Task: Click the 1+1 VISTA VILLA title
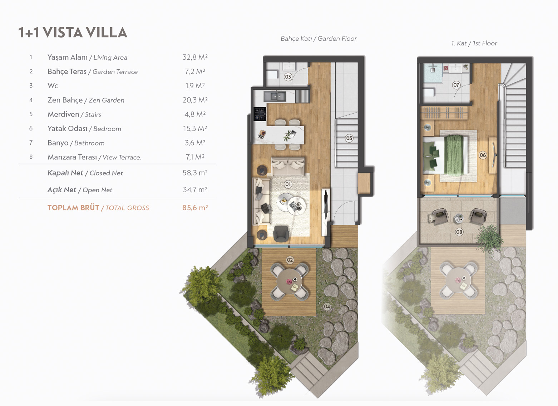click(73, 33)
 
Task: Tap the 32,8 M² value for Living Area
click(195, 57)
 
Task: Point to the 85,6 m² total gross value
click(195, 208)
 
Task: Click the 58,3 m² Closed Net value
click(195, 173)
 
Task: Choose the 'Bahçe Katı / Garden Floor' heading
click(318, 39)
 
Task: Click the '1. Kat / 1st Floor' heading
click(474, 43)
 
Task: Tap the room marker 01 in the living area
click(288, 184)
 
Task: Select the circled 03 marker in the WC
click(288, 77)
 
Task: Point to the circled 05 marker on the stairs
click(349, 138)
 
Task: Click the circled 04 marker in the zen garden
click(327, 307)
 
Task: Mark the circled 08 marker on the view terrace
click(459, 232)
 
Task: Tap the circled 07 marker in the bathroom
click(456, 85)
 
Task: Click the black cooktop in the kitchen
click(260, 114)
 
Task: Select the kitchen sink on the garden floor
click(275, 96)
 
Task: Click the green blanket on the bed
click(454, 155)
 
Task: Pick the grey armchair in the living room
click(281, 234)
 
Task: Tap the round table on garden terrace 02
click(290, 281)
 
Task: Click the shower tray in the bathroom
click(433, 73)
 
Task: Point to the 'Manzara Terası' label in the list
click(72, 157)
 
